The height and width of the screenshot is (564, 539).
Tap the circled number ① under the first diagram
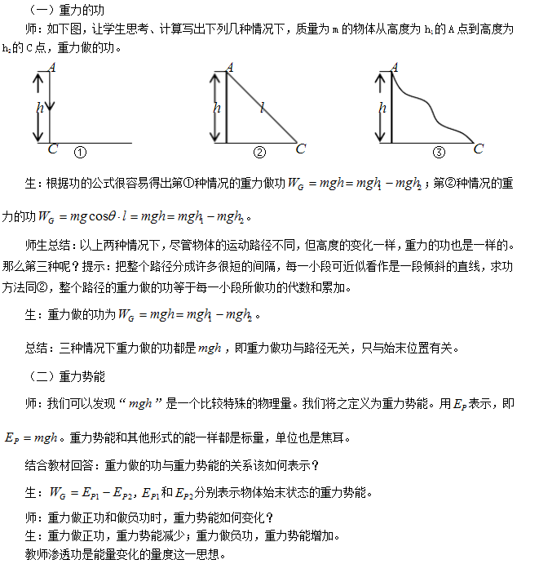[x=80, y=152]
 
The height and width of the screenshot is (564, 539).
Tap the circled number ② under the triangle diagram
[x=259, y=152]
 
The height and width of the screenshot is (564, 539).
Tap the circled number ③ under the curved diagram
[x=439, y=152]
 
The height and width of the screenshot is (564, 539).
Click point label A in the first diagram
[x=53, y=67]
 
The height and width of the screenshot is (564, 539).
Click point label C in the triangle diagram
[x=300, y=149]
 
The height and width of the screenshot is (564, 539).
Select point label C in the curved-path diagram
[x=479, y=149]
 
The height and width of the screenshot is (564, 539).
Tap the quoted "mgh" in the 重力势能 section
[x=141, y=403]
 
